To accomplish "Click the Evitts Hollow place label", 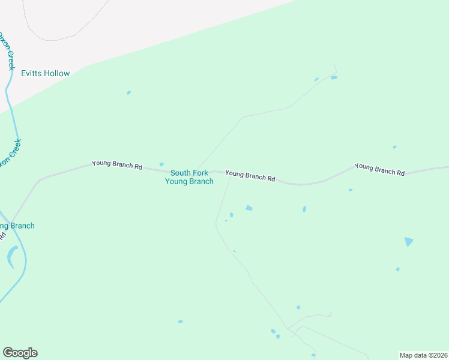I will pos(46,74).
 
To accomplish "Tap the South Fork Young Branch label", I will pos(189,177).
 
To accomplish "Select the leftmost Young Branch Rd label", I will pos(117,165).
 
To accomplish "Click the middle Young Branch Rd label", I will pos(250,176).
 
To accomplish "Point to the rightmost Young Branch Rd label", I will pos(379,169).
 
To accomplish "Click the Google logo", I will pos(20,353).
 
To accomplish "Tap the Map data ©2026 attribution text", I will pos(423,355).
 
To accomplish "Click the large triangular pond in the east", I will pos(409,241).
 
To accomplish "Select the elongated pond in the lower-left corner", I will pos(11,257).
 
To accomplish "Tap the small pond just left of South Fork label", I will pos(161,164).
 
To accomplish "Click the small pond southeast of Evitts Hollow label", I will pos(128,92).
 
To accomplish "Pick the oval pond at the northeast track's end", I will pos(334,77).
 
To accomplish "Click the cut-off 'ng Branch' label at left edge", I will pos(17,226).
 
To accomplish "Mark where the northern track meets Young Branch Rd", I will pos(195,169).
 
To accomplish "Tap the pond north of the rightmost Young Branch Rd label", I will pos(394,147).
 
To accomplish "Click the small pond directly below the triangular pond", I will pos(397,269).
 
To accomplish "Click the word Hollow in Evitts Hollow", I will pos(57,74).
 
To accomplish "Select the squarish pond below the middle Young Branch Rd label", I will pos(249,208).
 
